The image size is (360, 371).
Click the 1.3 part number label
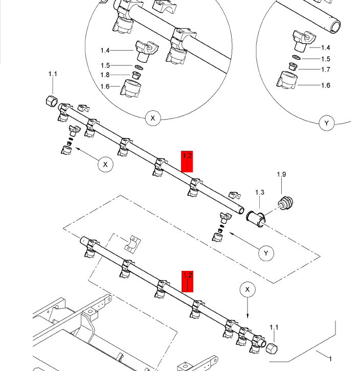(x=260, y=192)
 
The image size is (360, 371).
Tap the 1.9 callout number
(x=282, y=174)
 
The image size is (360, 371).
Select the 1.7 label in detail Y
(x=326, y=69)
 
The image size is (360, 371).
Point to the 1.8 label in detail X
(x=105, y=75)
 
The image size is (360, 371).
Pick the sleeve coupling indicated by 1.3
(x=256, y=219)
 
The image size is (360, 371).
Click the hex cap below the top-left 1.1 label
(x=52, y=101)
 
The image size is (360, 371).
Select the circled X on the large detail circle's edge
(x=153, y=118)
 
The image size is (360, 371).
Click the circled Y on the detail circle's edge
(x=327, y=123)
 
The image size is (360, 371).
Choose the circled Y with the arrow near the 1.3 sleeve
(x=266, y=253)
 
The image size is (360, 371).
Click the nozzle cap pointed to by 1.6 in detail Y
(x=287, y=80)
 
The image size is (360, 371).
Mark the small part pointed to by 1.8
(x=136, y=76)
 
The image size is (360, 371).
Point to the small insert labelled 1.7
(x=293, y=66)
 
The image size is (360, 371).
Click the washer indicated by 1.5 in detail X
(x=139, y=67)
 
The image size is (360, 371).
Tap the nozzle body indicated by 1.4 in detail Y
(x=304, y=40)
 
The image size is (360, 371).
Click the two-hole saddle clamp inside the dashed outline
(x=132, y=244)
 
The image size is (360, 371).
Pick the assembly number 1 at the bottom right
(x=330, y=359)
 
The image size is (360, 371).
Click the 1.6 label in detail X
(x=105, y=86)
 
